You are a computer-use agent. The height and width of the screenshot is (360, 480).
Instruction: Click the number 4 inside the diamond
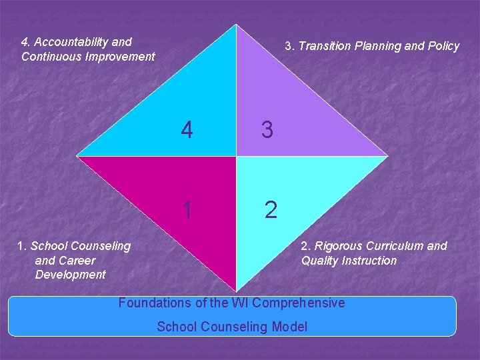pyautogui.click(x=187, y=130)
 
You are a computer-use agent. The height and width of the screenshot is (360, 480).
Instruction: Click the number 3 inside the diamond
pyautogui.click(x=267, y=130)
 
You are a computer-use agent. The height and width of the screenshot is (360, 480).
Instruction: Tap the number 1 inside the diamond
pyautogui.click(x=187, y=210)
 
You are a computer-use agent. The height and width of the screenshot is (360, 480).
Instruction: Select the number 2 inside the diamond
pyautogui.click(x=270, y=210)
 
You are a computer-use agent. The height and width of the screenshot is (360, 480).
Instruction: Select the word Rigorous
pyautogui.click(x=340, y=246)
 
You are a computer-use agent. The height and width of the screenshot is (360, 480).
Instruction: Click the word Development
pyautogui.click(x=70, y=275)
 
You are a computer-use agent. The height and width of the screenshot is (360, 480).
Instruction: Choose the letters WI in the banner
pyautogui.click(x=240, y=303)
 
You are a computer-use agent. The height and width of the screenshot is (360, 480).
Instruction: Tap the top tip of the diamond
pyautogui.click(x=236, y=25)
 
